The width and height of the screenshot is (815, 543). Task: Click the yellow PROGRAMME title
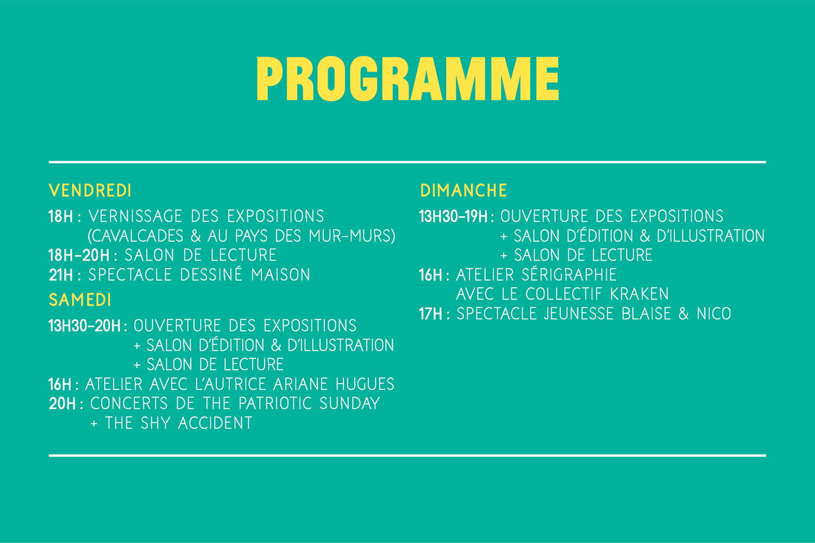tap(408, 79)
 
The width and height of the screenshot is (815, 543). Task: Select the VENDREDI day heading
tap(90, 191)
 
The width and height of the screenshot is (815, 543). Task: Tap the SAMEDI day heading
tap(80, 300)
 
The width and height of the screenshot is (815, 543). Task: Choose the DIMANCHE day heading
tap(463, 191)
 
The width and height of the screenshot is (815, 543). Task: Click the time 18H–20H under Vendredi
tap(79, 255)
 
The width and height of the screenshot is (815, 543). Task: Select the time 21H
tap(61, 275)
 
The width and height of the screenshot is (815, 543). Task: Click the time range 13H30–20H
tap(85, 326)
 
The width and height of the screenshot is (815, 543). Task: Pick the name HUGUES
tap(365, 384)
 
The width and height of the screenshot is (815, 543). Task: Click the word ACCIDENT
tap(215, 423)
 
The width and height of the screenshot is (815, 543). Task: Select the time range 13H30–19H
tap(453, 217)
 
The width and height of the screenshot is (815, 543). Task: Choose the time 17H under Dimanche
tap(430, 314)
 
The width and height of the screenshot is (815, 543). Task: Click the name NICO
tap(714, 314)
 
